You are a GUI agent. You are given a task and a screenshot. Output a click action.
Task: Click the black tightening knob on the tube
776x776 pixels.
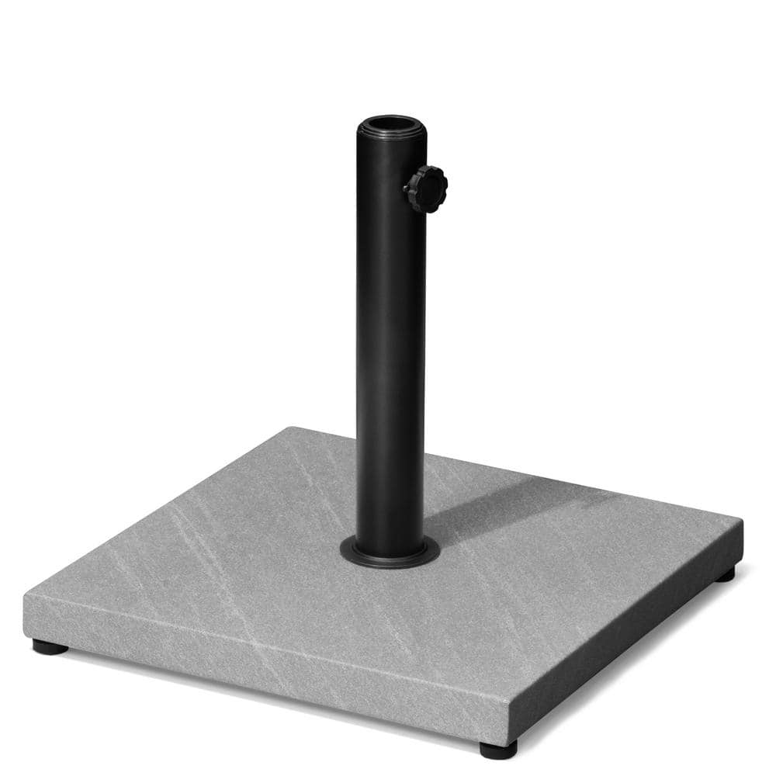(x=426, y=188)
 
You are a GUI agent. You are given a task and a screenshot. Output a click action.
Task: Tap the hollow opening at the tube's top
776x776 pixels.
(x=391, y=124)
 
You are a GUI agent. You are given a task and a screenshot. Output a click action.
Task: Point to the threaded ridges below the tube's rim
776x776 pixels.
(x=390, y=143)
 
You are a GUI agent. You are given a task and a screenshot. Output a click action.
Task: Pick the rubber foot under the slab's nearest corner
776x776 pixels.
(x=497, y=749)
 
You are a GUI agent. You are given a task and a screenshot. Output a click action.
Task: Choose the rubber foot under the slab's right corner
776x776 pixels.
(x=725, y=575)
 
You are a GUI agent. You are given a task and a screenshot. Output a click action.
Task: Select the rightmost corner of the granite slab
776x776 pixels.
(x=741, y=523)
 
